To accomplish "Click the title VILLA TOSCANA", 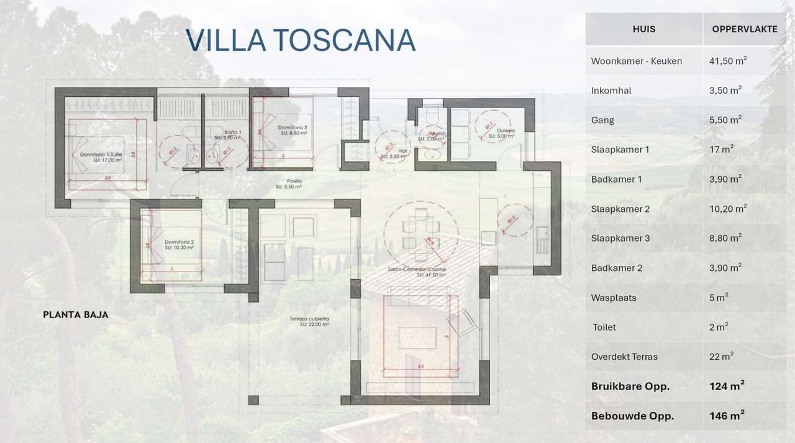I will point(301,40).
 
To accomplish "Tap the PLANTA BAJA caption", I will point(76,314).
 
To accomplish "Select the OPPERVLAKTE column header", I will point(744,29).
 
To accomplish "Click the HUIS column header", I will point(643,29).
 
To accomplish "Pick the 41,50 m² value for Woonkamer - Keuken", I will point(727,61).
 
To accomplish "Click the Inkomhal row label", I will point(611,91).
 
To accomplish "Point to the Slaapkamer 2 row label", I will point(620,209).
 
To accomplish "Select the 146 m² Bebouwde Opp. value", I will point(727,416).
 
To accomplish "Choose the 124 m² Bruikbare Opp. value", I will point(727,386).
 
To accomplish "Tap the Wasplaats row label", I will point(614,298).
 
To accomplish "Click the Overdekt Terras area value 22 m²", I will point(721,357).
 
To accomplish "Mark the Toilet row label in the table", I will point(604,327).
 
